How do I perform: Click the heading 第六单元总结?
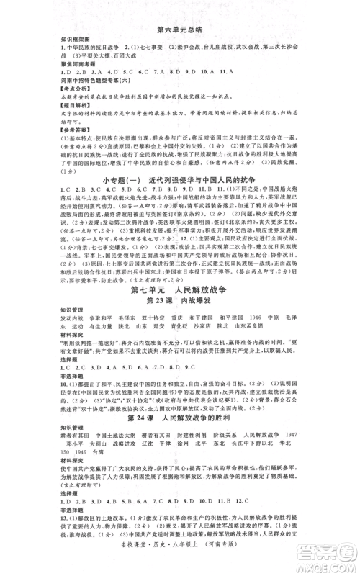[180, 29]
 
